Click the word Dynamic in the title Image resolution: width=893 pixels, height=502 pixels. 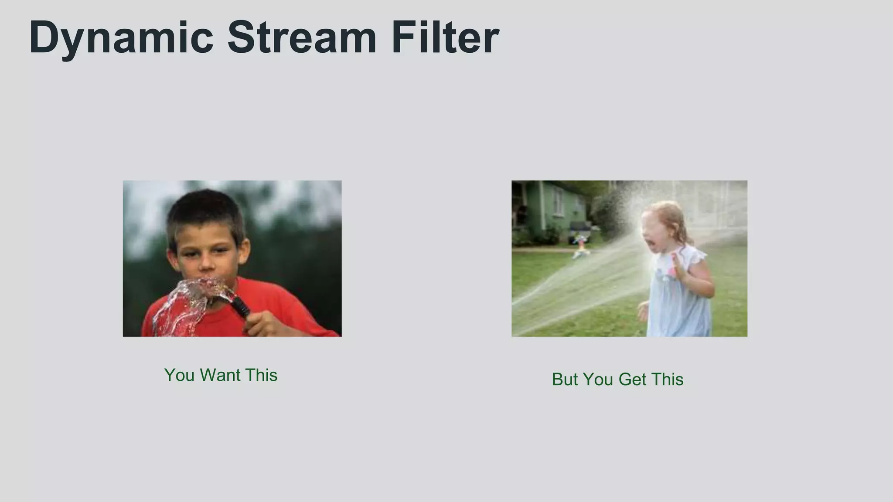(x=121, y=38)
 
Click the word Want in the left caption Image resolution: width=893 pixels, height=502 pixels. (x=220, y=375)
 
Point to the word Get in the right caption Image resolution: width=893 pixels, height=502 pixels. (x=632, y=380)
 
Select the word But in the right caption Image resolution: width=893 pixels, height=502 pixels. (x=565, y=380)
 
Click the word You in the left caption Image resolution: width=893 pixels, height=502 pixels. (x=179, y=375)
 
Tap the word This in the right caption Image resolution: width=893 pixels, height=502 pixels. (x=667, y=380)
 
